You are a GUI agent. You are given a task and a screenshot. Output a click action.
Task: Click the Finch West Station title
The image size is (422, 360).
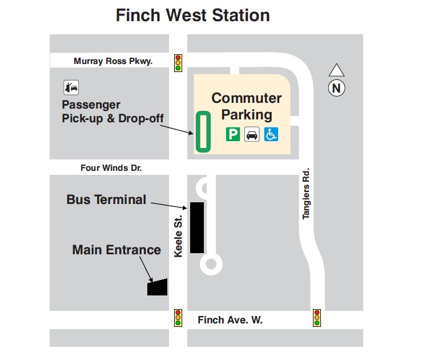tap(192, 15)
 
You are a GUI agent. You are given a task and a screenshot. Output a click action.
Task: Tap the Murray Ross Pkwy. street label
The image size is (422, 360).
tap(113, 61)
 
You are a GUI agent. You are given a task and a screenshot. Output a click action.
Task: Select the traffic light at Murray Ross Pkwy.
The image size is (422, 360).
tap(178, 62)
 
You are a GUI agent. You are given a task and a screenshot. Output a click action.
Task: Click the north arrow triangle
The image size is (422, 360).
tap(336, 70)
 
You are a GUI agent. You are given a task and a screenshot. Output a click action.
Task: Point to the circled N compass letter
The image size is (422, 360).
tap(336, 88)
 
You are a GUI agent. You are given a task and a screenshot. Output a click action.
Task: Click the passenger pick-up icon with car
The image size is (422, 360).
tap(71, 88)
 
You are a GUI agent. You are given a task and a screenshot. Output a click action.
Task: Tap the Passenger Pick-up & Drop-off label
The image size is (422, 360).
tap(112, 112)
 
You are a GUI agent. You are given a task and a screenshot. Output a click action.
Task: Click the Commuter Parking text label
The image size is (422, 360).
tap(247, 106)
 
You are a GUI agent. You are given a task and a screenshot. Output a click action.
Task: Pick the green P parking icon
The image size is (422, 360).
tap(232, 134)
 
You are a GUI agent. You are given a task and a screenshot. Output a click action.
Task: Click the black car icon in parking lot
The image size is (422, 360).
tap(252, 134)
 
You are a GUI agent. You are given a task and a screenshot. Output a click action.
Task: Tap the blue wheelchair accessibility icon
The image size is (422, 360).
tap(271, 134)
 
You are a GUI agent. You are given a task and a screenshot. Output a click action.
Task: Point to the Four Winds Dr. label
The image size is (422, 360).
tap(111, 168)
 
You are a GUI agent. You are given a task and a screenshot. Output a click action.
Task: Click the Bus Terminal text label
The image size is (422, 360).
tap(106, 199)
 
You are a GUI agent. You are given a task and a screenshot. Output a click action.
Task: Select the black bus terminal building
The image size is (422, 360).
tap(197, 227)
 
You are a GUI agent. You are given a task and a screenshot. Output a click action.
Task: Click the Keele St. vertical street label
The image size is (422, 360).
tap(178, 235)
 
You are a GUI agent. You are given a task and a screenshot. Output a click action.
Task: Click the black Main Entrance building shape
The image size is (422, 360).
tap(157, 287)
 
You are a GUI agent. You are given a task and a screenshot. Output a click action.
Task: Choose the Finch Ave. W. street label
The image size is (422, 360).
tap(230, 320)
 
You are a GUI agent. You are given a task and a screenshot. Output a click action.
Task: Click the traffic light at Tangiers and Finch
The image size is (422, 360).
tap(317, 318)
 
